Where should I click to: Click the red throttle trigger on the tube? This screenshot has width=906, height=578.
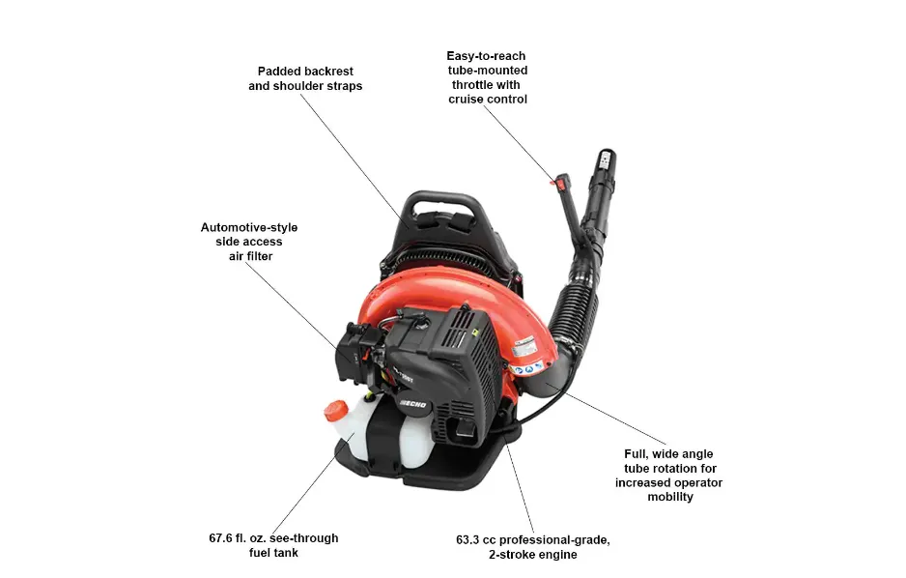click(x=553, y=179)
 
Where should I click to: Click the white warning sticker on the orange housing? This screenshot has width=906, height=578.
click(x=528, y=343)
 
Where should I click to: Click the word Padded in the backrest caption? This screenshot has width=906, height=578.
click(x=278, y=72)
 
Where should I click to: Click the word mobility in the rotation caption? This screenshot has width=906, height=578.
click(x=668, y=497)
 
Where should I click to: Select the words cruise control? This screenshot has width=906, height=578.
click(x=487, y=100)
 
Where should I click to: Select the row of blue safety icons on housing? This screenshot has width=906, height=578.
click(x=524, y=369)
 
